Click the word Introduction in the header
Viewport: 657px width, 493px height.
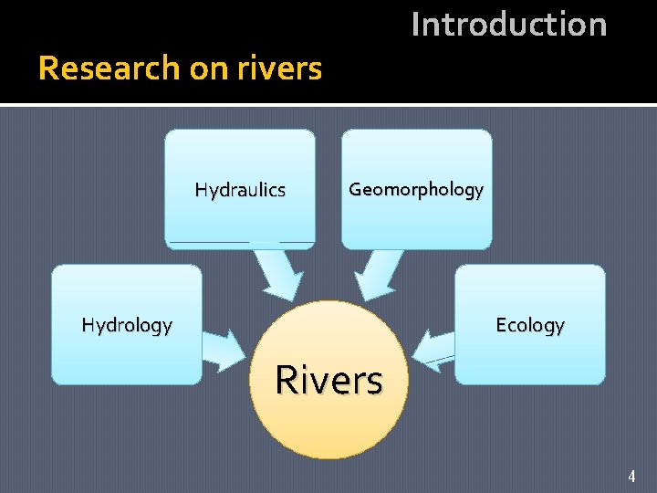pyautogui.click(x=508, y=25)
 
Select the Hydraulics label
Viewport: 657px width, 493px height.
pyautogui.click(x=240, y=191)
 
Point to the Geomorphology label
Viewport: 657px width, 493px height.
pyautogui.click(x=416, y=190)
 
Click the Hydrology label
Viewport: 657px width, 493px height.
pyautogui.click(x=127, y=325)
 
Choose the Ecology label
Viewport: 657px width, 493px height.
pyautogui.click(x=529, y=325)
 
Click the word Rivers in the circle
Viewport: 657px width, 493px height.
pyautogui.click(x=328, y=381)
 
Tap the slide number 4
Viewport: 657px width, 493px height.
pyautogui.click(x=631, y=476)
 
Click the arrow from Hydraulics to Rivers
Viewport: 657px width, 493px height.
pyautogui.click(x=277, y=273)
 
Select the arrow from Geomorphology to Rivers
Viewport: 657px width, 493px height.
pyautogui.click(x=378, y=273)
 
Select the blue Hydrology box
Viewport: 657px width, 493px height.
pyautogui.click(x=127, y=356)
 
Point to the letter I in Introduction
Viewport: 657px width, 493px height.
pyautogui.click(x=416, y=25)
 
